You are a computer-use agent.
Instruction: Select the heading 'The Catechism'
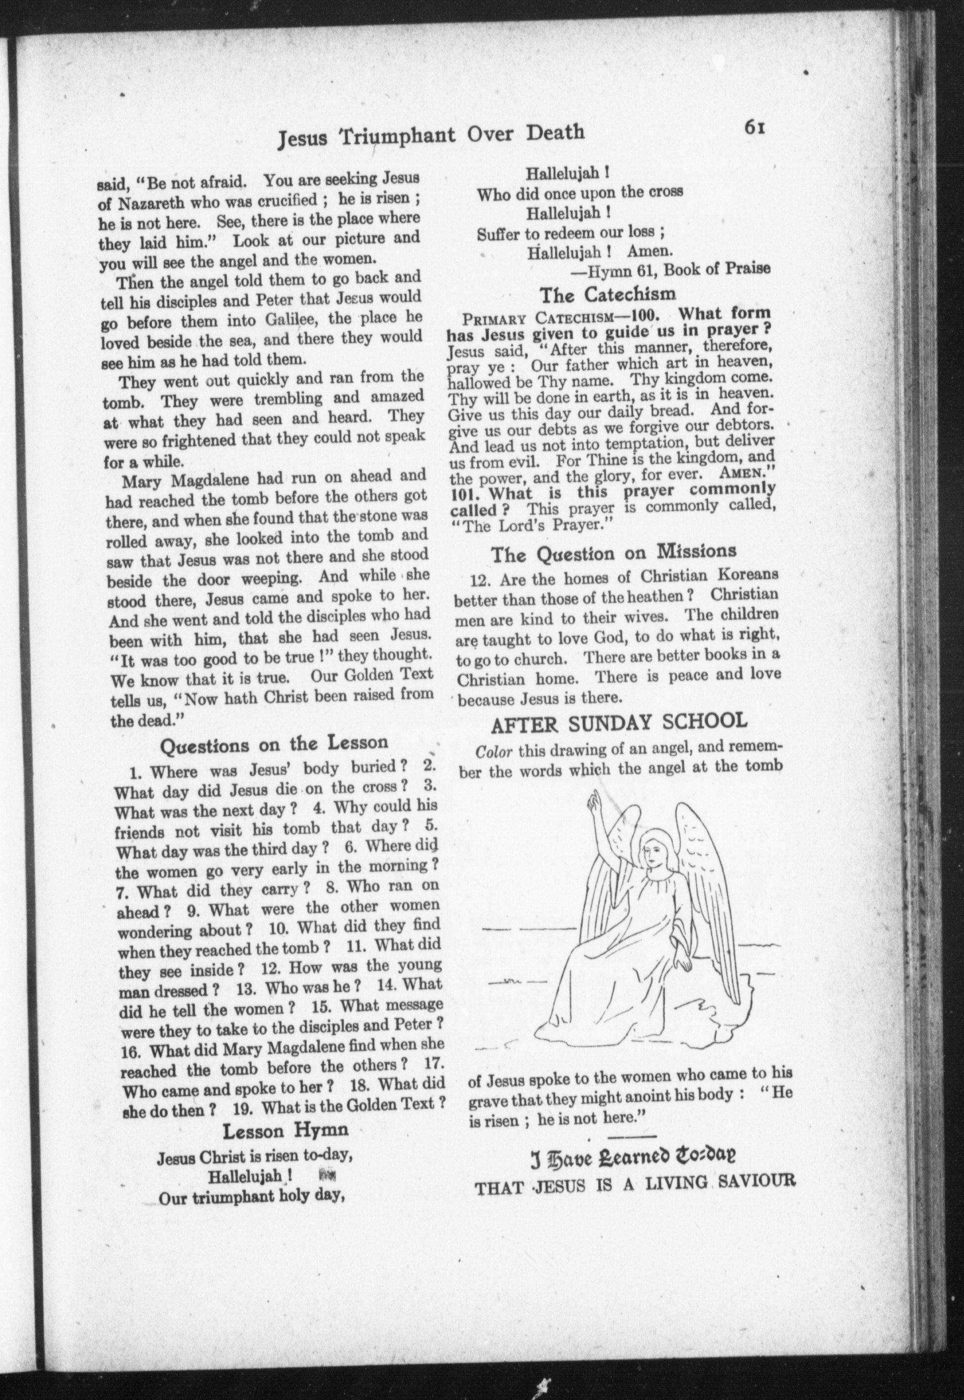pyautogui.click(x=607, y=294)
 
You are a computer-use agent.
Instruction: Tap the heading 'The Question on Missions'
pyautogui.click(x=614, y=552)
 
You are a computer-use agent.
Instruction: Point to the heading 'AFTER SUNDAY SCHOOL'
pyautogui.click(x=620, y=721)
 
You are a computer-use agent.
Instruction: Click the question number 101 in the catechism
pyautogui.click(x=466, y=493)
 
